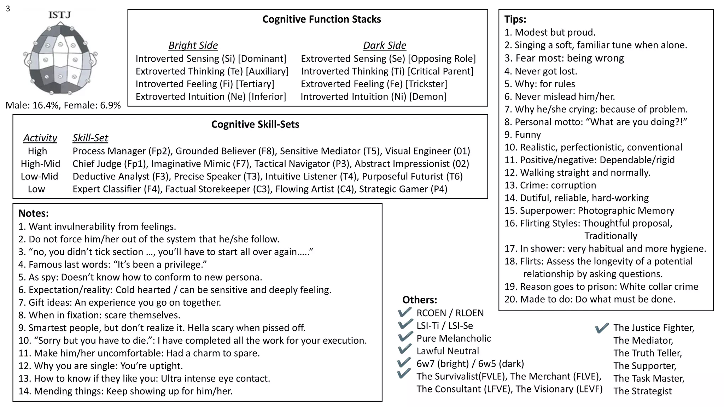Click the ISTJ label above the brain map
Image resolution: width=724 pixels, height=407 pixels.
click(x=59, y=15)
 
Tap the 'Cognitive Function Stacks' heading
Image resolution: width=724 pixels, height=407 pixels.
click(x=321, y=19)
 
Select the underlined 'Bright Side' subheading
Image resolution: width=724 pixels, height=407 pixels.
click(x=193, y=46)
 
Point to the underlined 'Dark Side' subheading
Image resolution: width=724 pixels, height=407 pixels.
click(x=384, y=46)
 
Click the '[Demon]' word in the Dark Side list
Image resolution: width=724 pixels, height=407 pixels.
click(x=428, y=96)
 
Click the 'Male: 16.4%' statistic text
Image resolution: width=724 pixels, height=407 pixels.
click(x=32, y=105)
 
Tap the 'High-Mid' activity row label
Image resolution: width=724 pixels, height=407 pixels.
click(x=40, y=164)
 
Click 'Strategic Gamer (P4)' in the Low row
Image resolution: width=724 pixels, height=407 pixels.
click(x=403, y=189)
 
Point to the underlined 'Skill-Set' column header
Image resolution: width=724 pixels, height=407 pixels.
click(x=90, y=138)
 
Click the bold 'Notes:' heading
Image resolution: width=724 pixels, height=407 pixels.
click(x=33, y=213)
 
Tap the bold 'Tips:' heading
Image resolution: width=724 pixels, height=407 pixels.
click(x=515, y=19)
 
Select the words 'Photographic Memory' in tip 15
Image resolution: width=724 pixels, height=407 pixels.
click(x=626, y=211)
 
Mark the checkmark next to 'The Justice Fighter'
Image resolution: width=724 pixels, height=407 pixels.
click(x=602, y=328)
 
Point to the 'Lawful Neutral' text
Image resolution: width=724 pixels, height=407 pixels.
click(x=448, y=351)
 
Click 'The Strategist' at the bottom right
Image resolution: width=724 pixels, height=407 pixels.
click(x=642, y=391)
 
